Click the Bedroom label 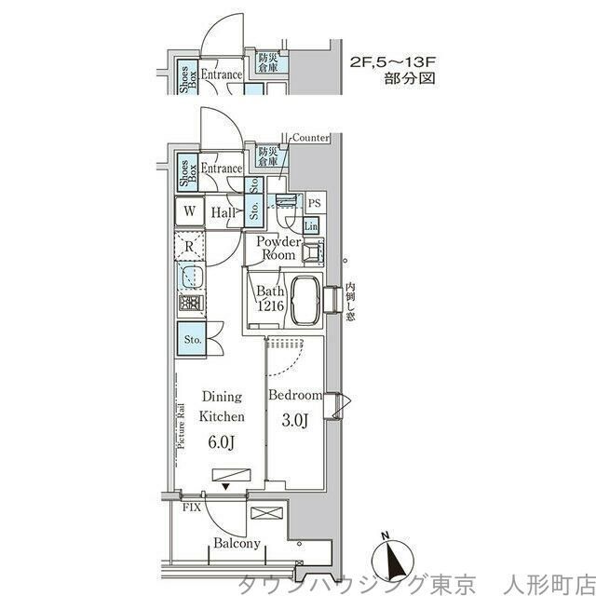pos(295,395)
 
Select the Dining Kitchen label pos(223,410)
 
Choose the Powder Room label pos(278,249)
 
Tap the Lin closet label pos(310,226)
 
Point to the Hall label pos(223,213)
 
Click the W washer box pos(189,211)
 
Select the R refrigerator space pos(189,247)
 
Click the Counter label pos(310,138)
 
